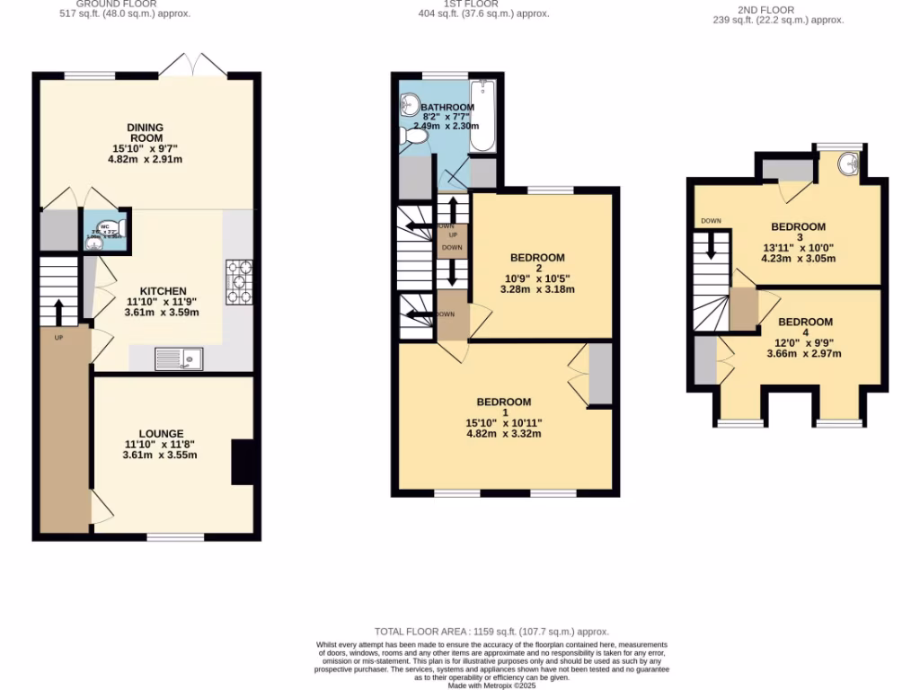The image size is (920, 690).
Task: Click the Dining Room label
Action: pyautogui.click(x=145, y=133)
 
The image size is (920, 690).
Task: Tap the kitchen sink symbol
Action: pyautogui.click(x=179, y=359)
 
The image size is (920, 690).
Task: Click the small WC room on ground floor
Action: pyautogui.click(x=105, y=229)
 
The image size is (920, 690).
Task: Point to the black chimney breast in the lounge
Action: pyautogui.click(x=244, y=462)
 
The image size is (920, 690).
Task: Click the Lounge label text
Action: pyautogui.click(x=161, y=433)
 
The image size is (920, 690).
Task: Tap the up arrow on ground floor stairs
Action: pyautogui.click(x=59, y=312)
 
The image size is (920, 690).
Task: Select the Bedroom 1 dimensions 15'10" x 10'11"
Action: pyautogui.click(x=503, y=422)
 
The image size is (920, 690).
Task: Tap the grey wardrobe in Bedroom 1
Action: pyautogui.click(x=599, y=374)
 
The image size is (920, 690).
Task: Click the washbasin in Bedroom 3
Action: pyautogui.click(x=846, y=164)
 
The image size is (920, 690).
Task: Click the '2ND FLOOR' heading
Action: pyautogui.click(x=765, y=11)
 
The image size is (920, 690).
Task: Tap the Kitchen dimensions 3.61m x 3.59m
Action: pyautogui.click(x=161, y=313)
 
